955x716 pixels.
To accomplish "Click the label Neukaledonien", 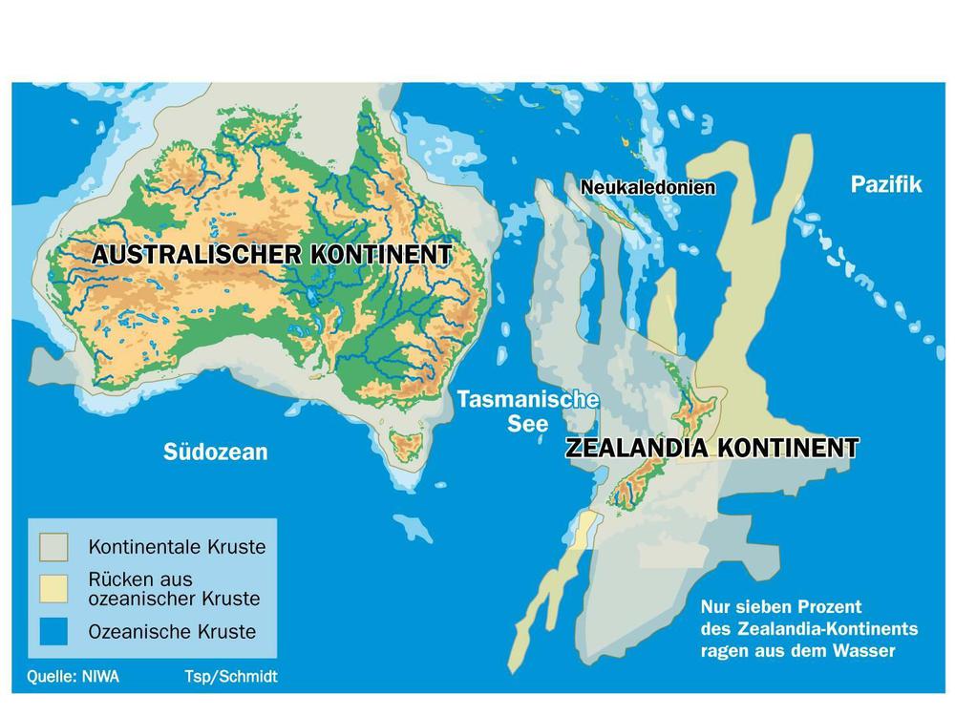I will (648, 188).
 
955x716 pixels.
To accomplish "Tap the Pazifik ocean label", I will (886, 184).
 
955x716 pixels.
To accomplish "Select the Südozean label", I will (215, 452).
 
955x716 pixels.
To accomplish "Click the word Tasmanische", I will (527, 399).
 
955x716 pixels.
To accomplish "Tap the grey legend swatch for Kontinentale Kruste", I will (54, 547).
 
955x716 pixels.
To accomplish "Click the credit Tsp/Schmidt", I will (231, 677).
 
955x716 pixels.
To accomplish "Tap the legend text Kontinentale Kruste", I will (177, 547).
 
